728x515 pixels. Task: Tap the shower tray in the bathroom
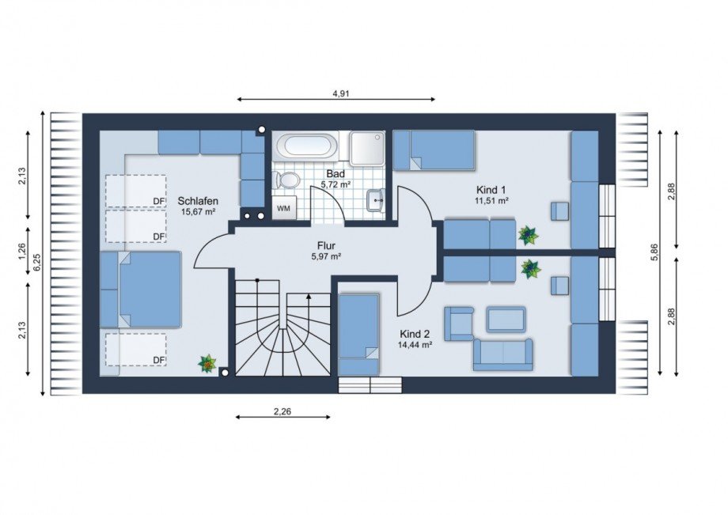[367, 149]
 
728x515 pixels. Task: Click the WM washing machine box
[283, 208]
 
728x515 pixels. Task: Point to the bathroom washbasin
[375, 200]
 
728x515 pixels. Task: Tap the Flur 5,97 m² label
[326, 251]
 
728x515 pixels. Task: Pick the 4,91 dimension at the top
[341, 93]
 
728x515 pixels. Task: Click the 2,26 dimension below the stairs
[282, 411]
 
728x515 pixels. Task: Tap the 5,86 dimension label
[654, 253]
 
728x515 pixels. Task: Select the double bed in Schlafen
[140, 290]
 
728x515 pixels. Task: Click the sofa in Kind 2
[503, 355]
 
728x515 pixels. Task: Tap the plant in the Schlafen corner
[207, 363]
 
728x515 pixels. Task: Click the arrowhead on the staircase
[309, 297]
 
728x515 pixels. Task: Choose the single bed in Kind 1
[434, 150]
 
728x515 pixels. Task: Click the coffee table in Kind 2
[506, 320]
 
